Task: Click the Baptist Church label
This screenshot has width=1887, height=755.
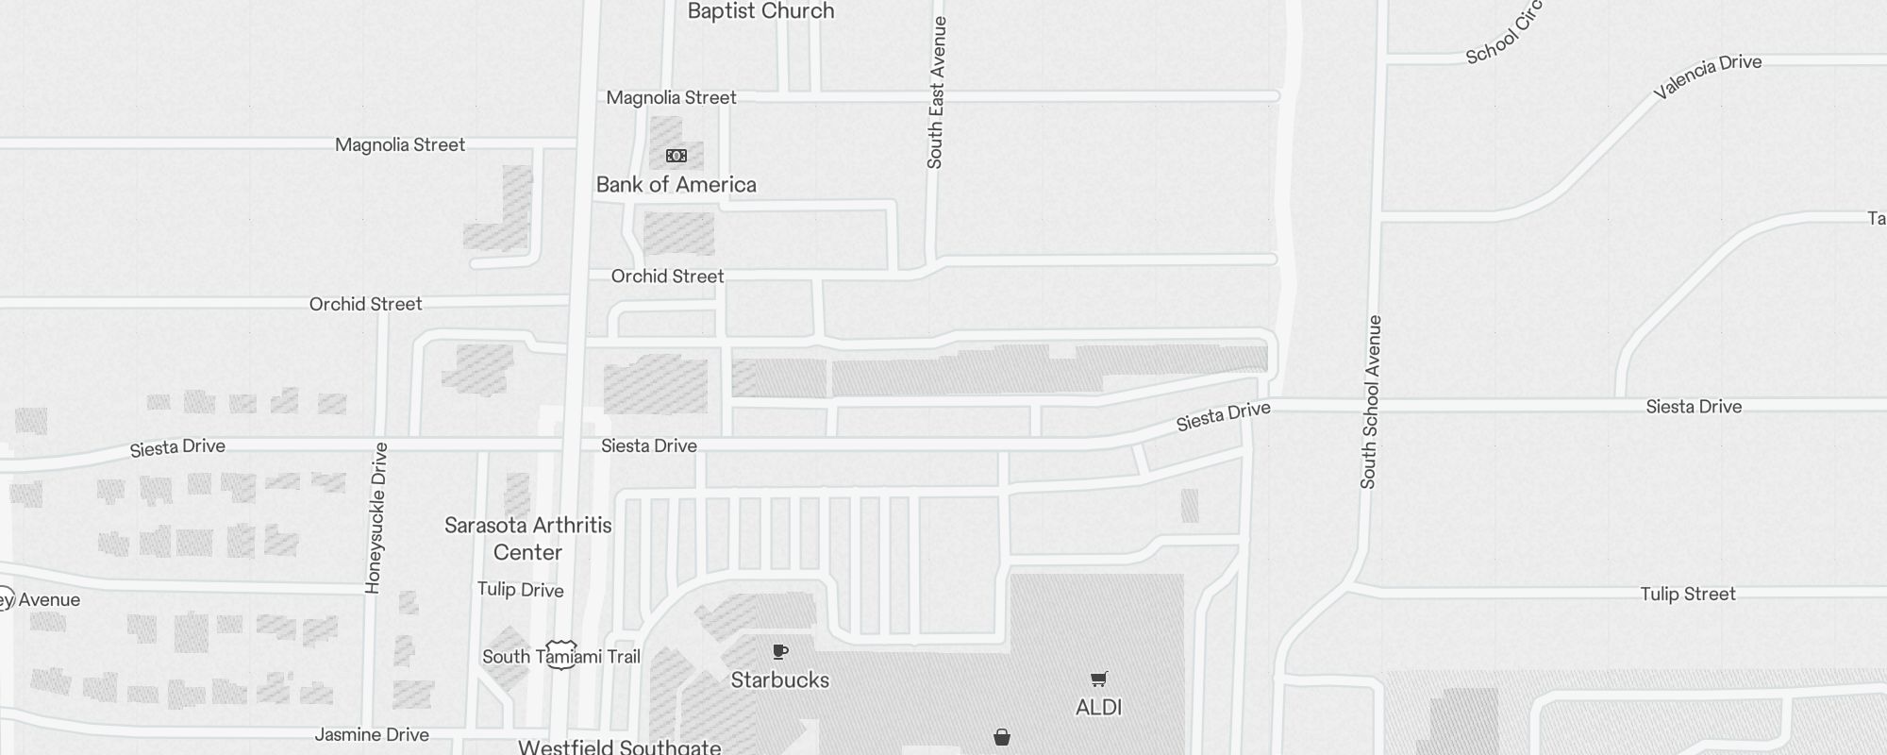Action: pos(760,11)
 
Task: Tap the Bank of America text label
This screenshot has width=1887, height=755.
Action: pos(676,185)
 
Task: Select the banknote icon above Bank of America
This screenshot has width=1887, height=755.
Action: pos(676,156)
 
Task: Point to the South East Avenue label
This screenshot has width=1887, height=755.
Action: pos(935,92)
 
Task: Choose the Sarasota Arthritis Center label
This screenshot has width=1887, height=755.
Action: pos(527,538)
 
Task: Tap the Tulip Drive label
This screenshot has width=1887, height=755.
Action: pos(520,590)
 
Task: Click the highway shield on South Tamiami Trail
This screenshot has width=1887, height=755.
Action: pos(561,655)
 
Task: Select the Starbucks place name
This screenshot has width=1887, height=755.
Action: pos(779,679)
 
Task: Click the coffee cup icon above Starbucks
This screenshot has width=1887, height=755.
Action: pos(779,651)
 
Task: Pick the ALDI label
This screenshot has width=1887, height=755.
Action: pos(1098,707)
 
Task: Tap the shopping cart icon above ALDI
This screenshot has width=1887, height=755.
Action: pos(1098,679)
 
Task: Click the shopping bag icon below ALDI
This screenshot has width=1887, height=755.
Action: pos(1002,737)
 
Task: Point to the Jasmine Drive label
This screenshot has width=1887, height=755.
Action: pos(372,734)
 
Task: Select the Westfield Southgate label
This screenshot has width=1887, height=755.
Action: pos(619,747)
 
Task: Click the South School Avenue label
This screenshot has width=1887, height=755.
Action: pos(1370,402)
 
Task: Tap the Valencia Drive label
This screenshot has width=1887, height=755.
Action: pos(1708,76)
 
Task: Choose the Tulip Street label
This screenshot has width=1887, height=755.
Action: pos(1688,594)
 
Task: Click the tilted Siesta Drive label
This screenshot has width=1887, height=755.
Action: pos(1223,416)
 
